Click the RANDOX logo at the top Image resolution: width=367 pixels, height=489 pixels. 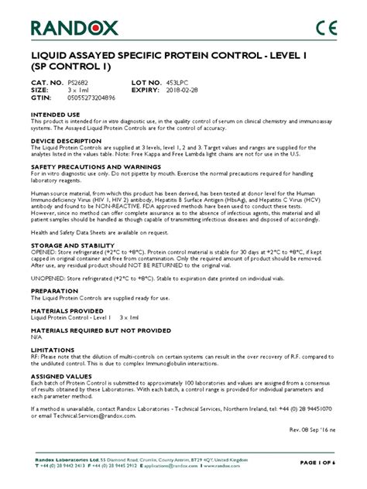click(77, 29)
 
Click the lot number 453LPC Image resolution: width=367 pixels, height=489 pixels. click(189, 82)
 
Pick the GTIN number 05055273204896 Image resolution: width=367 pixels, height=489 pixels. click(98, 97)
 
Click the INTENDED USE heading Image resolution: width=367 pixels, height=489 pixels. click(53, 113)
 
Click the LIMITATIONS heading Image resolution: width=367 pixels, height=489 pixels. click(52, 349)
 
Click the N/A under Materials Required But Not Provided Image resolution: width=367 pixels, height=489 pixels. click(36, 337)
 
